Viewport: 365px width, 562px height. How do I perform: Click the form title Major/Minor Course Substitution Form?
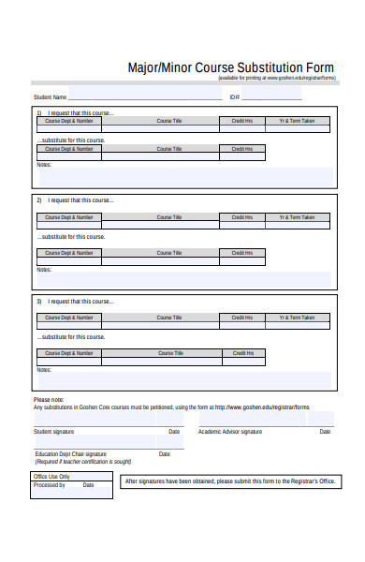click(x=229, y=67)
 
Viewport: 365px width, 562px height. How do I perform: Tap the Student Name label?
click(x=50, y=97)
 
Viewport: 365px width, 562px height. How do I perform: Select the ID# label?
click(x=234, y=97)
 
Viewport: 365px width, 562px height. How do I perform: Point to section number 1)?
click(x=39, y=112)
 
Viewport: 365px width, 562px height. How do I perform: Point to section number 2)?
click(x=39, y=200)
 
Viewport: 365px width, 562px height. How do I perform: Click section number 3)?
click(x=39, y=302)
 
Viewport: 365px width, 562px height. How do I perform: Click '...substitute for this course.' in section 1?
click(x=71, y=140)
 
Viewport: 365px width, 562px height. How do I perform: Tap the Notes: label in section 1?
click(x=44, y=165)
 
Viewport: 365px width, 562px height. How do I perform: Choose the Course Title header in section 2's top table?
click(x=169, y=217)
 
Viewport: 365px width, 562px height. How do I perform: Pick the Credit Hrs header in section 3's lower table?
click(x=241, y=353)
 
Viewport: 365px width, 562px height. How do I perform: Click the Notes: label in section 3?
click(x=44, y=370)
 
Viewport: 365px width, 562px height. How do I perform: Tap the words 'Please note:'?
click(x=49, y=400)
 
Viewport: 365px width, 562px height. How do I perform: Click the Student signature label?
click(x=55, y=432)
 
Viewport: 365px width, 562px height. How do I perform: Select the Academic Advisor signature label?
click(x=230, y=432)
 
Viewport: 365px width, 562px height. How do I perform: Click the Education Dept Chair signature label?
click(x=70, y=454)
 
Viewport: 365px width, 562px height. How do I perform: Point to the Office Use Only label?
click(x=52, y=477)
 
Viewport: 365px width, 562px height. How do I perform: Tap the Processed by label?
click(x=49, y=485)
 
